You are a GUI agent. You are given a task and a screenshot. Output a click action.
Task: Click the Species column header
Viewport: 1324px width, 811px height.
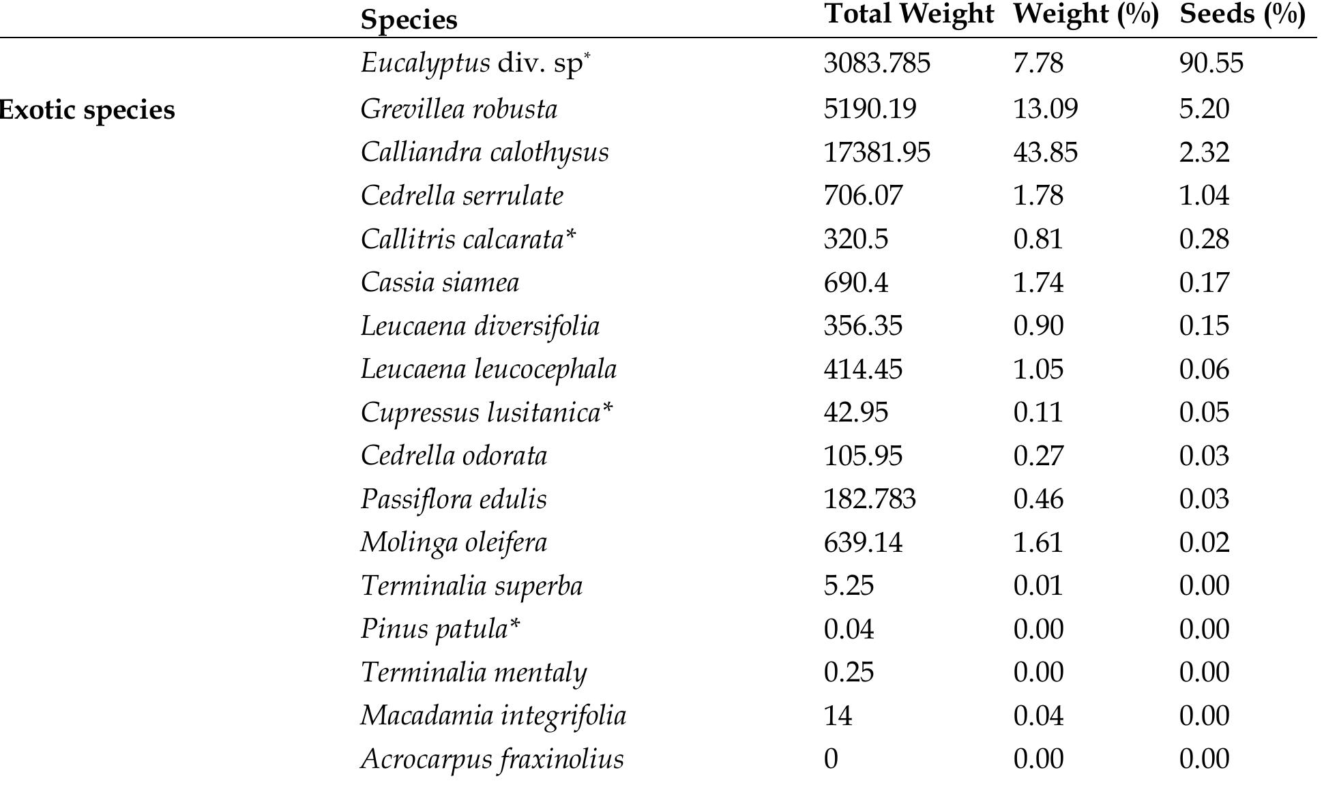point(409,20)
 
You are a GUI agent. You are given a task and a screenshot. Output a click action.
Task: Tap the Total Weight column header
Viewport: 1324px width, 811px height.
point(909,14)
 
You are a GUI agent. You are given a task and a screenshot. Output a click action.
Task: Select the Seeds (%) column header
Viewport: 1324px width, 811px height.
point(1242,14)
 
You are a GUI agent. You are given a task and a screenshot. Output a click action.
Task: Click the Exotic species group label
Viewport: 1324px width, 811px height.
point(87,110)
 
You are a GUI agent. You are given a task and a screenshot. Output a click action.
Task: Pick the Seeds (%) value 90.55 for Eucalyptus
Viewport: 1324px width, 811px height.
point(1211,63)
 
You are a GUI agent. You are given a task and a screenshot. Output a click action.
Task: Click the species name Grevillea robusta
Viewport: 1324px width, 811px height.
point(458,109)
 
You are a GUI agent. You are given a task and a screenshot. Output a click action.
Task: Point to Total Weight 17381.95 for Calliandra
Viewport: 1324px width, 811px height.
point(877,152)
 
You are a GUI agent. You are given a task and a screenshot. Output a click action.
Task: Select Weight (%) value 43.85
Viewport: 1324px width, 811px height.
point(1045,152)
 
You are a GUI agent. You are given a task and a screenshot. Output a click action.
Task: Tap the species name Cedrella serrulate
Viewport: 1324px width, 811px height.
point(462,196)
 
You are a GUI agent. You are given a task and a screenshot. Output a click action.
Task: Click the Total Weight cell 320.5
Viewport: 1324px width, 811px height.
point(855,239)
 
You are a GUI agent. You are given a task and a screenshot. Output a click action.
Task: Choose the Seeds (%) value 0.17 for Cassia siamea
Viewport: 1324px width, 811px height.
point(1204,282)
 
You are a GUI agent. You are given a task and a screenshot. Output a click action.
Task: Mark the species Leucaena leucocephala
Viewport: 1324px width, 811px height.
point(488,369)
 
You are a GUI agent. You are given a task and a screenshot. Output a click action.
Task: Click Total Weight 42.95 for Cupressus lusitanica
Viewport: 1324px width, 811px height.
point(855,413)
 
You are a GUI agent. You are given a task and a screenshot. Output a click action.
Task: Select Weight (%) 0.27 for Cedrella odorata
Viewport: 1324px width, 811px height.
point(1038,456)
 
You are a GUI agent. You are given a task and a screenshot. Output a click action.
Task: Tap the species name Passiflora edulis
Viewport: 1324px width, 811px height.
point(454,499)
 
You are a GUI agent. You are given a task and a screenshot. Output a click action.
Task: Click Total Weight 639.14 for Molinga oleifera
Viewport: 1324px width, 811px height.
point(863,543)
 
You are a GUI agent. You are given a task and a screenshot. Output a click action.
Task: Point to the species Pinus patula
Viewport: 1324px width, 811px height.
point(440,629)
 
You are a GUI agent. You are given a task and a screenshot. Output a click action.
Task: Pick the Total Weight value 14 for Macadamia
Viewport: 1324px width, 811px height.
point(838,716)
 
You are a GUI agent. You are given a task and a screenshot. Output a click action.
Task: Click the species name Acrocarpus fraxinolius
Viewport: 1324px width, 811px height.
point(492,759)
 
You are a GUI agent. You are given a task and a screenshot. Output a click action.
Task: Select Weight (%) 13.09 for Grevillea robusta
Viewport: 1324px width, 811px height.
point(1045,109)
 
